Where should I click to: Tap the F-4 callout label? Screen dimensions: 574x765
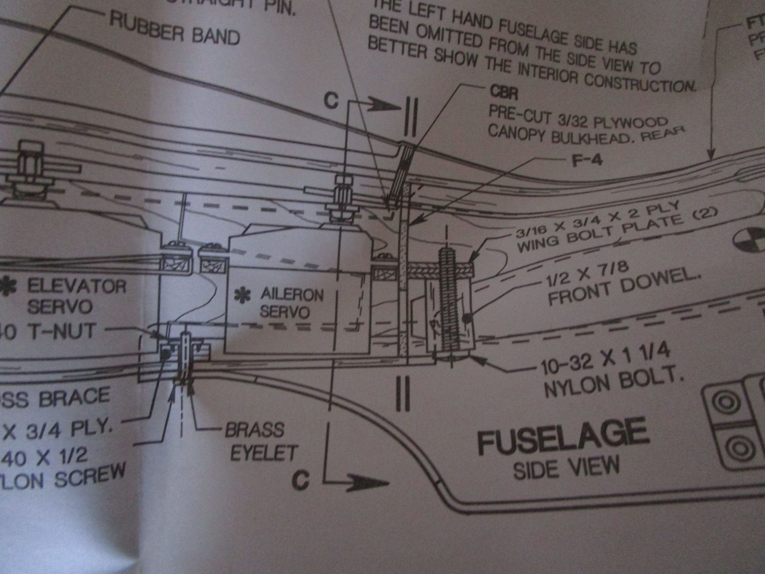[587, 160]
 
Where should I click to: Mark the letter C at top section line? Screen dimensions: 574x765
[331, 101]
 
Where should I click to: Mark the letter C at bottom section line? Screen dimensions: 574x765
[301, 480]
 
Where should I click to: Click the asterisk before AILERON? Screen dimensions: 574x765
[242, 296]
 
